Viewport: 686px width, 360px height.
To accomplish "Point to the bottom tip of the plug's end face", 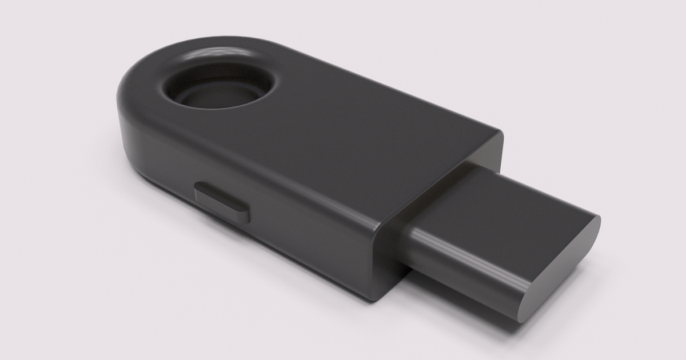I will click(521, 318).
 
